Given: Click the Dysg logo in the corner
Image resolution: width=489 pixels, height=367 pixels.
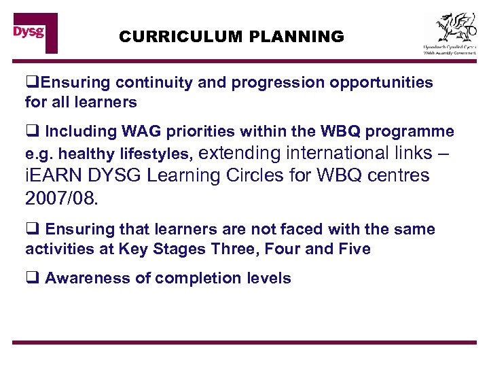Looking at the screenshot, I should tap(35, 32).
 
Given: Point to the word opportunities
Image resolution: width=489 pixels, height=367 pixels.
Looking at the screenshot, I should tap(381, 83).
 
